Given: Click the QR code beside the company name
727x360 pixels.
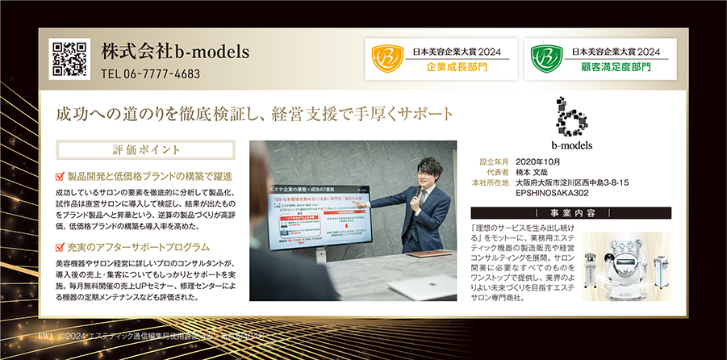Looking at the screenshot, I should (x=69, y=58).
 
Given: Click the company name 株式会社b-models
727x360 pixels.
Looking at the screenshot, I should (x=175, y=51).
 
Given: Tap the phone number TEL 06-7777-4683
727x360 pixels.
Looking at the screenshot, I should (x=151, y=73).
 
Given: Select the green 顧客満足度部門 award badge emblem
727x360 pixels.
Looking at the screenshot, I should (x=542, y=58).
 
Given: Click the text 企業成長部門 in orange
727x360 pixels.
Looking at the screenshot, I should (x=457, y=66).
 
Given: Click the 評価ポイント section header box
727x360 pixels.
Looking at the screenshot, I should (x=146, y=150).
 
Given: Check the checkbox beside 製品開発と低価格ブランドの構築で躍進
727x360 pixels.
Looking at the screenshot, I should (x=60, y=174).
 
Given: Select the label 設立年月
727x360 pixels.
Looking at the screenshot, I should (x=494, y=161).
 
